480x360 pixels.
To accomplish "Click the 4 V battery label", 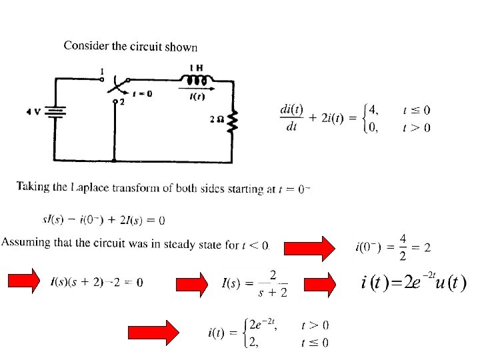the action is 33,112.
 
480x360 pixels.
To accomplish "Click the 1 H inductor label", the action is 197,68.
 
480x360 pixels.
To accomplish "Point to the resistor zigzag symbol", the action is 233,122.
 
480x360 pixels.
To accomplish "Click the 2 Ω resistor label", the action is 216,120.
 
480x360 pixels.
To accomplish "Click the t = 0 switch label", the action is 142,94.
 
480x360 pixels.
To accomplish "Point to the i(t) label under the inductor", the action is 197,97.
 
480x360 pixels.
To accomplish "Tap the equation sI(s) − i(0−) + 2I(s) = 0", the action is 103,219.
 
